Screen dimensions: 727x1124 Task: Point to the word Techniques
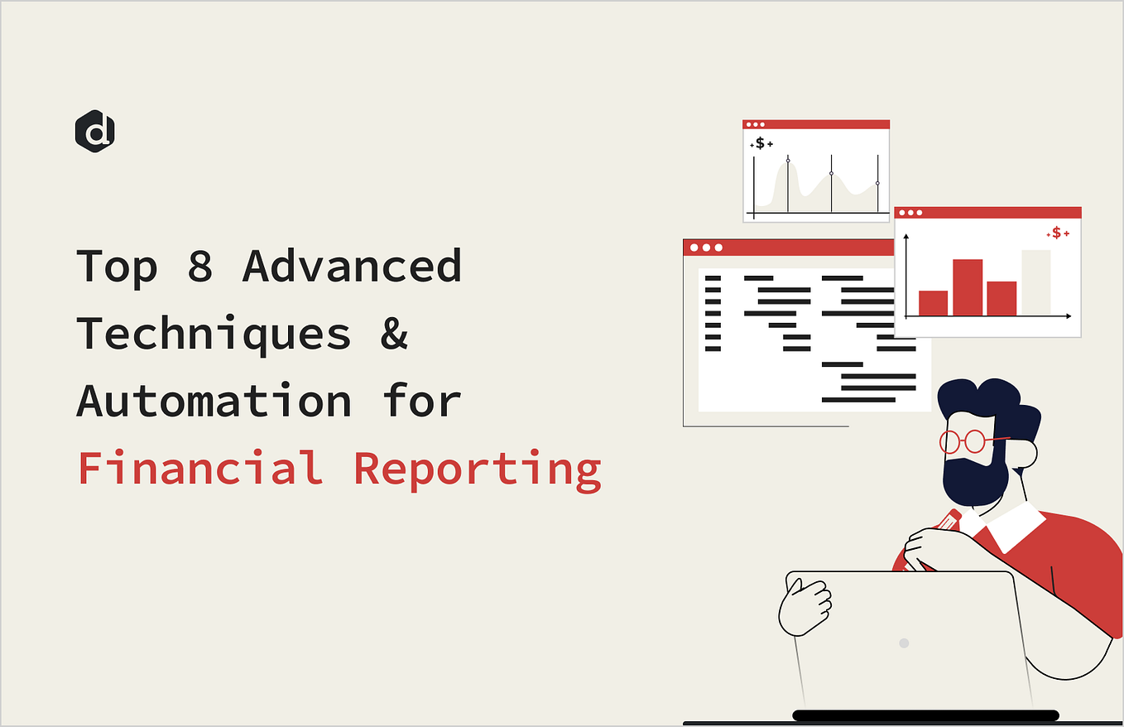tap(214, 335)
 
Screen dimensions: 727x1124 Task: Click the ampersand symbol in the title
tap(395, 335)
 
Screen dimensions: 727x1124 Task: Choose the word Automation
tap(214, 401)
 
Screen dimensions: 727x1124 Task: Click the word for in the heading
tap(422, 401)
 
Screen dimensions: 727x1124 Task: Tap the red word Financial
tap(200, 468)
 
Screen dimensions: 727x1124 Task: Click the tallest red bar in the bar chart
tap(968, 287)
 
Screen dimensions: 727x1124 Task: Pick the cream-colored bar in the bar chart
tap(1035, 282)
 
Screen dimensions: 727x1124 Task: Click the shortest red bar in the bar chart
tap(933, 303)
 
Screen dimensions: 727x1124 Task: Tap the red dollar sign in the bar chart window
tap(1056, 234)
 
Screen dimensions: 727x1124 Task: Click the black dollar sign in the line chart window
tap(760, 143)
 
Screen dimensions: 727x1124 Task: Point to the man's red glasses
tap(964, 441)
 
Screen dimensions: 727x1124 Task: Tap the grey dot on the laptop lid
tap(904, 643)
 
